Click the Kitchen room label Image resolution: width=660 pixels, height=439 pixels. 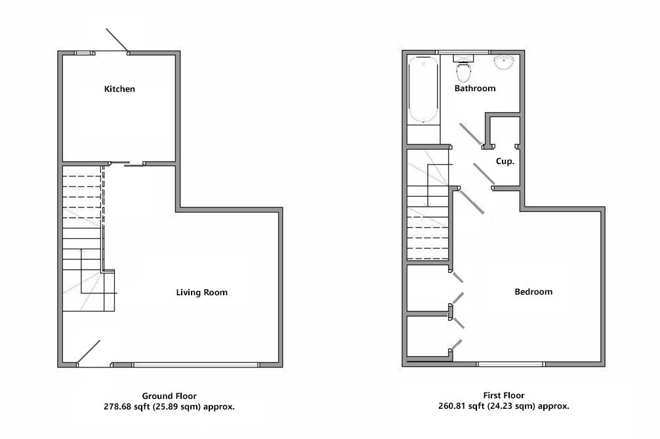pos(119,89)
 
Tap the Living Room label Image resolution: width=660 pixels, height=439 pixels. pos(201,293)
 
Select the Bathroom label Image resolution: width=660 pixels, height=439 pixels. pos(475,89)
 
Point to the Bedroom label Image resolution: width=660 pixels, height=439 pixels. pos(533,292)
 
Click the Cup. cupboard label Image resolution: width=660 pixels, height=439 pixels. pos(505,161)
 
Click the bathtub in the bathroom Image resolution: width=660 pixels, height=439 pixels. pos(423,89)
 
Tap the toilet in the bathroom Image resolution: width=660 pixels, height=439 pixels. pos(463,70)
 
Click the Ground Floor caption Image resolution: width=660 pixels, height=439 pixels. pos(169,396)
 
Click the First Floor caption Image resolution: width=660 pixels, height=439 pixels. pos(503,396)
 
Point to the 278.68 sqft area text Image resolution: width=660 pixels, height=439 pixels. pos(169,407)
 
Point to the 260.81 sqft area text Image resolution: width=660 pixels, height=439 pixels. pos(503,407)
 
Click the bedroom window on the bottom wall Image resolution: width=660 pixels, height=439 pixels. pos(510,364)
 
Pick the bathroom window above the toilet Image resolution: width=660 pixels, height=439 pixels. pos(463,52)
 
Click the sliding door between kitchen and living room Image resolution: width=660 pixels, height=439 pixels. pos(134,165)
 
